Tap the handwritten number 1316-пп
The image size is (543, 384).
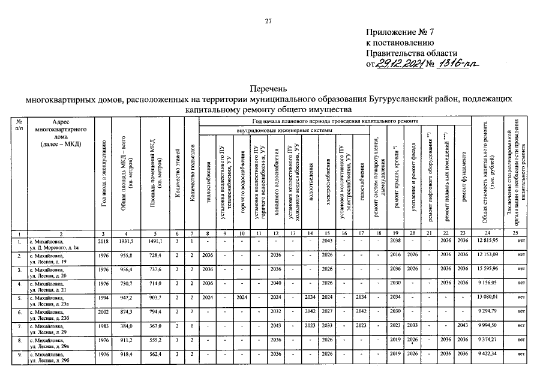pos(459,65)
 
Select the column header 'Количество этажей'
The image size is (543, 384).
pos(176,174)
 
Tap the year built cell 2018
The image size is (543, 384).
pos(103,240)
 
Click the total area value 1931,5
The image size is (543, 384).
pos(125,240)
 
